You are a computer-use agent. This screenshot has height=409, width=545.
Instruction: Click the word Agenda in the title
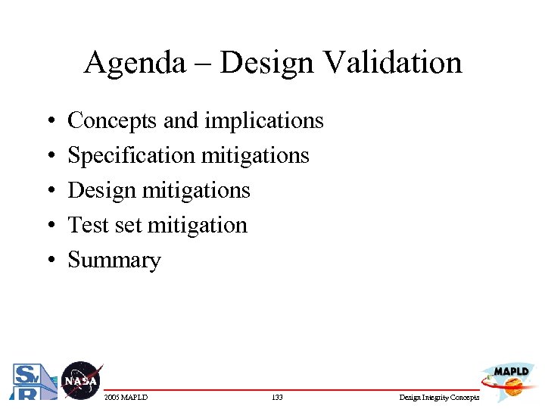[134, 63]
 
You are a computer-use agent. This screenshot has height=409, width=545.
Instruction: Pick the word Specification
[132, 156]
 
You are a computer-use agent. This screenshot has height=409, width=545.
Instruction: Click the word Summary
[114, 261]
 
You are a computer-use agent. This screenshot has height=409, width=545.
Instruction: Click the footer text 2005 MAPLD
[126, 397]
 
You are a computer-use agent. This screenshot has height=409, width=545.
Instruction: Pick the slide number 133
[276, 397]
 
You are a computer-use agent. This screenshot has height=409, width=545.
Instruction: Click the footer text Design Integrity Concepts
[439, 397]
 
